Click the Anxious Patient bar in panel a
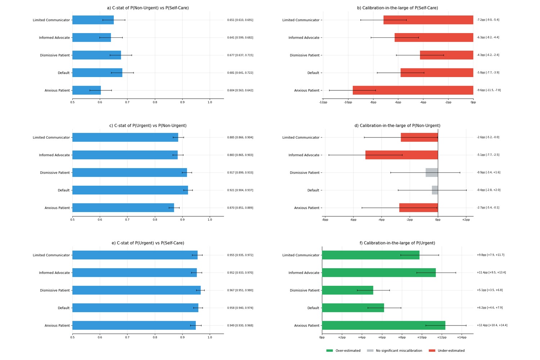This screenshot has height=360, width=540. click(x=86, y=90)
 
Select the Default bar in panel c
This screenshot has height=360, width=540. click(x=130, y=190)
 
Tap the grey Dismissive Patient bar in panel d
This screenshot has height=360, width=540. click(x=432, y=172)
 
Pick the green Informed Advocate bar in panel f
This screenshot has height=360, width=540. click(x=379, y=273)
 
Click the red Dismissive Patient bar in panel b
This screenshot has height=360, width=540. click(x=447, y=55)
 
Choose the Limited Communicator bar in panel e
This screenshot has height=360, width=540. click(x=135, y=255)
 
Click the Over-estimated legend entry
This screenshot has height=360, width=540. click(x=343, y=351)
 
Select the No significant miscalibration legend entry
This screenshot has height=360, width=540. click(x=395, y=351)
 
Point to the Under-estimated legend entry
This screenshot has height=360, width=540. click(x=447, y=351)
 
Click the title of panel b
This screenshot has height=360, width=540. click(x=397, y=8)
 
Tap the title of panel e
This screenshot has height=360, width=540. click(x=148, y=243)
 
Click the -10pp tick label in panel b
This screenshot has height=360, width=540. click(x=348, y=102)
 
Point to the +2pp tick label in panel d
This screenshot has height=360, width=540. click(x=466, y=220)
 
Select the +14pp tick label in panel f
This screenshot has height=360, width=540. click(x=462, y=337)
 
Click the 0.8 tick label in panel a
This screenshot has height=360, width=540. click(x=155, y=102)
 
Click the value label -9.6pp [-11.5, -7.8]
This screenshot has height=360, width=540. click(x=489, y=90)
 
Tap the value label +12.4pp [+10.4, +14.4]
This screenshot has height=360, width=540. click(x=492, y=325)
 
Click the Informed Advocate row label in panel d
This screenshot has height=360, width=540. click(x=304, y=155)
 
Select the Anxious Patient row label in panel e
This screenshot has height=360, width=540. click(x=57, y=325)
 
